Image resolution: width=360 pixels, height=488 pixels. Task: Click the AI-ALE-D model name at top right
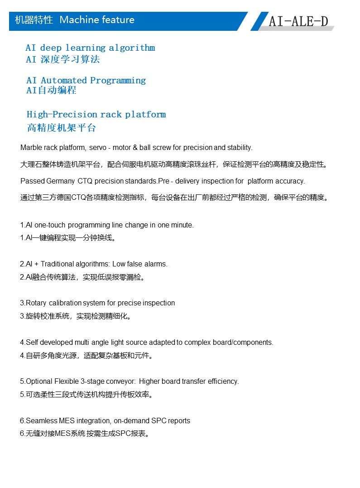point(298,21)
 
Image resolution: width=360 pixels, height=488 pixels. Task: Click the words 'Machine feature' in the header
point(97,20)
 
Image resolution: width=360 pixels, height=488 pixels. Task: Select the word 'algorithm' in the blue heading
point(132,48)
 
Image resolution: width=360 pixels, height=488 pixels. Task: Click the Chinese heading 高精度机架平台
point(62,128)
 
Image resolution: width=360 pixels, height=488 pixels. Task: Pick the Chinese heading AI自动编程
point(51,91)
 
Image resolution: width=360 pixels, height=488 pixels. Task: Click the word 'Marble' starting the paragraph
point(31,148)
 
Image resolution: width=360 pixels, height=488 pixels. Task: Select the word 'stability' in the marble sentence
point(239,148)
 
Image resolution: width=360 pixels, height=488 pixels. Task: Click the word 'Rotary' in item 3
point(36,303)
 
